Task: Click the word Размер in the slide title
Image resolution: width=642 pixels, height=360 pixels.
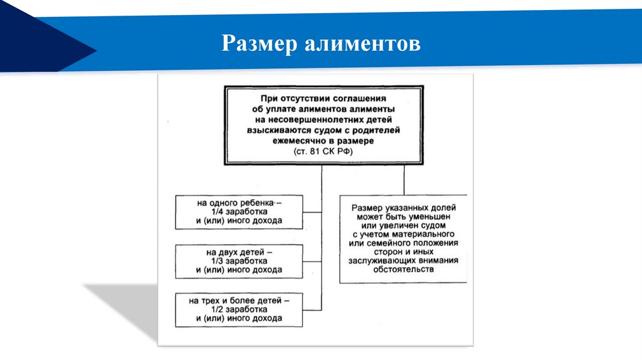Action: pyautogui.click(x=260, y=44)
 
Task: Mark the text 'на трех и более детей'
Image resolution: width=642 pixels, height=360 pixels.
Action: pyautogui.click(x=235, y=301)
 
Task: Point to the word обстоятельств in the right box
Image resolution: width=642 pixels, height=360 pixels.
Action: pyautogui.click(x=403, y=269)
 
